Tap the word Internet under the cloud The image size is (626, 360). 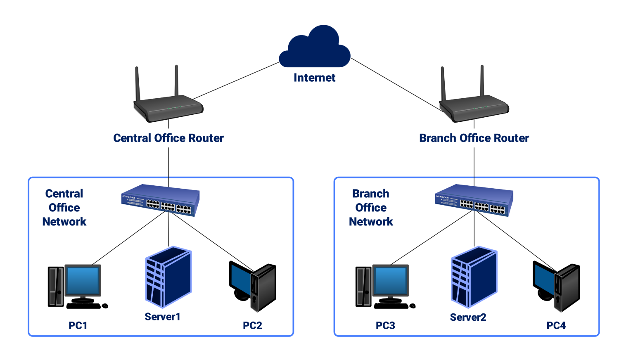tap(315, 78)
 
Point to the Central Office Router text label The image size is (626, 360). tap(168, 138)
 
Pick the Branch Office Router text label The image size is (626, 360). tap(474, 138)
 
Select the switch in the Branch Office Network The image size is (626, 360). tap(474, 200)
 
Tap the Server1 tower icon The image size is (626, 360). tap(168, 277)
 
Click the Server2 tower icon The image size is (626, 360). tap(474, 277)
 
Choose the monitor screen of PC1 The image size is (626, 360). tap(83, 280)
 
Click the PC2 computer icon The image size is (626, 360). tap(253, 287)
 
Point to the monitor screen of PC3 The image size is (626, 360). tap(391, 280)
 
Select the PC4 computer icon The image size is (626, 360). tap(557, 287)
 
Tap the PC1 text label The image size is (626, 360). tap(78, 326)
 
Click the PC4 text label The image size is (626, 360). tap(556, 326)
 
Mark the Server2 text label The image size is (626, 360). tap(468, 317)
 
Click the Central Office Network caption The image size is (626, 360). tap(64, 208)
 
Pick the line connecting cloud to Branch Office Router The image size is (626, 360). tap(396, 85)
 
